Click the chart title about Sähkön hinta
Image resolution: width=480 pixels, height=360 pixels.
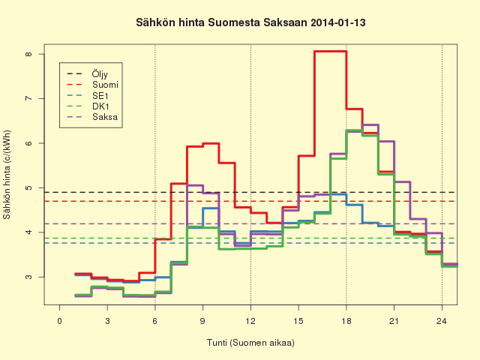(250, 23)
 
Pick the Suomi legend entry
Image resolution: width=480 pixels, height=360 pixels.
(92, 85)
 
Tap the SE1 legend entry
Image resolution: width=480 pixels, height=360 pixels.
(87, 96)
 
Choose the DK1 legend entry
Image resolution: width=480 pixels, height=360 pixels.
(88, 106)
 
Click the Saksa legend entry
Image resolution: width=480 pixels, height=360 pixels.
(91, 117)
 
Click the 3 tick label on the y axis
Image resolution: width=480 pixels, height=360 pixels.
(28, 277)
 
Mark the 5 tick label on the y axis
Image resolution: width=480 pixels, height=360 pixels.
(28, 187)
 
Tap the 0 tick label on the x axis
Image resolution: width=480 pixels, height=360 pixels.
(59, 321)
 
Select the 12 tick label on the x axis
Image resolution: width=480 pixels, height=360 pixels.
(250, 321)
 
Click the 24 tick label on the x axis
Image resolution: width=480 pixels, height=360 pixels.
(442, 321)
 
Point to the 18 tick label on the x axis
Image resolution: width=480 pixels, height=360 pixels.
(346, 321)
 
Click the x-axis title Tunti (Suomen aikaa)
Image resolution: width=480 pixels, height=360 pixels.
(250, 342)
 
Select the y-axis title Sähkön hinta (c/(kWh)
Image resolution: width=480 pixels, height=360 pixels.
(7, 175)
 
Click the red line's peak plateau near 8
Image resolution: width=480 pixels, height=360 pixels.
(330, 52)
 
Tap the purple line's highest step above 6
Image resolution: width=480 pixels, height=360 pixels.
(370, 125)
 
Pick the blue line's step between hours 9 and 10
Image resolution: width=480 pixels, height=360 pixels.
(211, 208)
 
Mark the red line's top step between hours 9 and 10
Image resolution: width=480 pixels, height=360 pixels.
(211, 143)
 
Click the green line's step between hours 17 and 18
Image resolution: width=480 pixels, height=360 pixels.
(338, 158)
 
